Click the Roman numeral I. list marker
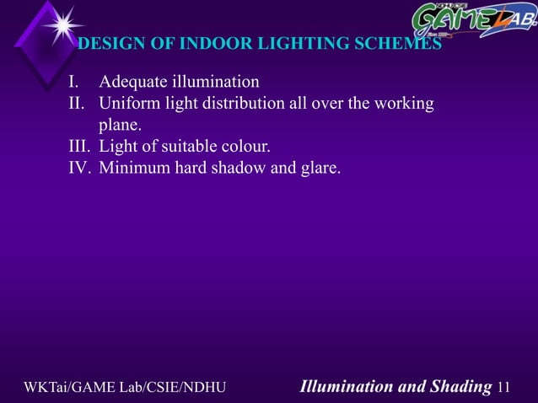pos(76,83)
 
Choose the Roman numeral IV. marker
pos(80,169)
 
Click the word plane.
pos(120,126)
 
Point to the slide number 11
pos(505,387)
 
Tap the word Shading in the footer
pos(456,387)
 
